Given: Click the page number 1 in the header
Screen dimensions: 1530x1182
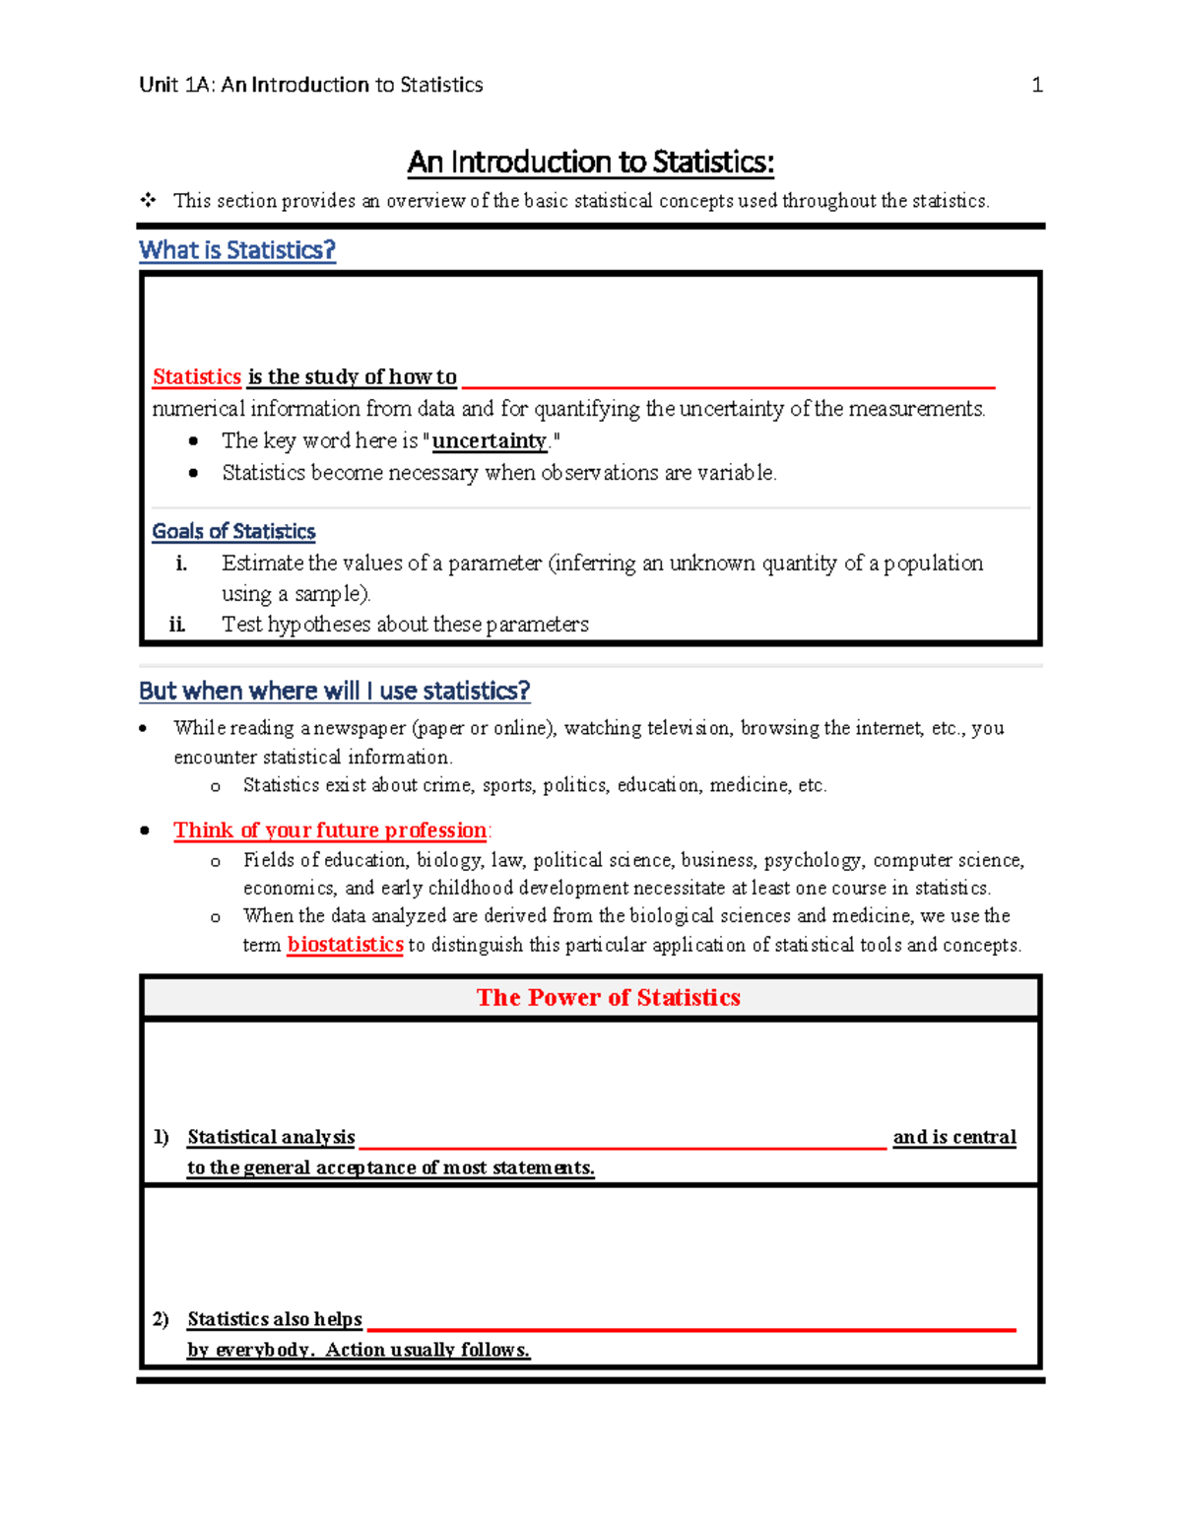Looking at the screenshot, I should [x=1036, y=86].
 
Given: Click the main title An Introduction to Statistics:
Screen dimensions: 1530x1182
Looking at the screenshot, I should [x=591, y=162].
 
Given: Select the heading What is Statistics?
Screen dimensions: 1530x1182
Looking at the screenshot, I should [x=236, y=250].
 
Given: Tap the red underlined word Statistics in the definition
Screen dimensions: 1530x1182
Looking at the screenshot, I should [x=197, y=377].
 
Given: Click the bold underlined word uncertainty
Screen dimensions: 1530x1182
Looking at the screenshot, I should [x=489, y=441].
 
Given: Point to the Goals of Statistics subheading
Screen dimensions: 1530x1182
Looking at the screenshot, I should [x=233, y=532].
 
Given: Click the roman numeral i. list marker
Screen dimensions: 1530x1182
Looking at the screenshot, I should [x=181, y=564].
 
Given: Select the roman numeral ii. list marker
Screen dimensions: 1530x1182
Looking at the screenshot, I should [x=177, y=625].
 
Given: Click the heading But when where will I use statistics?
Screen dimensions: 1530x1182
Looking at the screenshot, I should [x=334, y=692].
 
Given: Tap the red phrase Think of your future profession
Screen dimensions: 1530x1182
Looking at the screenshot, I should [x=330, y=831].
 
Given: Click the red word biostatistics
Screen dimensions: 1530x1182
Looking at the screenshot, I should [x=345, y=945].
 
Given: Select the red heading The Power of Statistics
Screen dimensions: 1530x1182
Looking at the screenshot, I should [x=608, y=998].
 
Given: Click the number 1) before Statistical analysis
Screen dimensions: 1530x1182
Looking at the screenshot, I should [x=162, y=1137].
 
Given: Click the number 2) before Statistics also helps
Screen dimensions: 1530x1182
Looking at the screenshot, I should [x=162, y=1319].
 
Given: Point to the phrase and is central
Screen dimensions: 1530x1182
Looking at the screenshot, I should [x=953, y=1137].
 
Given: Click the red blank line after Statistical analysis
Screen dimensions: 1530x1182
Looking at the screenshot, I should [x=623, y=1146].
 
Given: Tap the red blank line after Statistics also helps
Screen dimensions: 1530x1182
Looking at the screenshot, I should [x=690, y=1329].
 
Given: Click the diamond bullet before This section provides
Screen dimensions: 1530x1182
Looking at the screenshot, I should [x=148, y=201].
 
